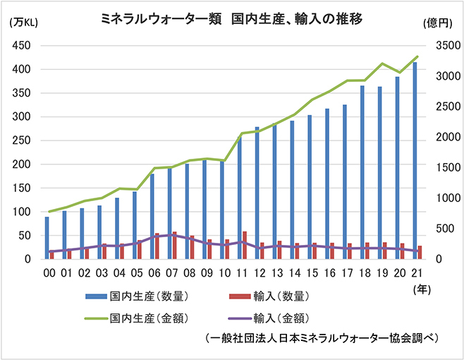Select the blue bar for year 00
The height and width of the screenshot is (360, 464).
click(47, 238)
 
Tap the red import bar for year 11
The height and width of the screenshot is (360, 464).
click(245, 245)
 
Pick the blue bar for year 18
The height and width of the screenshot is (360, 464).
click(362, 172)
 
